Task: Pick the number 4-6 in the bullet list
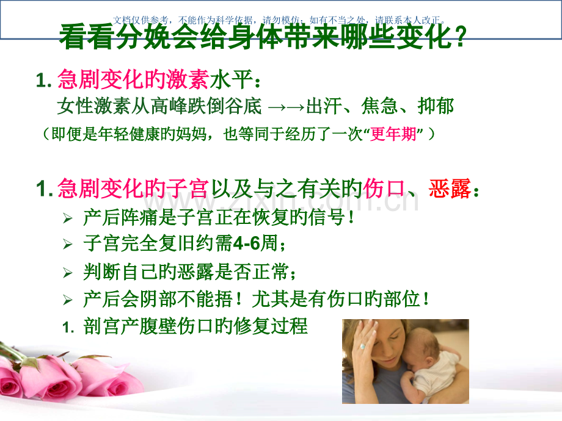(247, 245)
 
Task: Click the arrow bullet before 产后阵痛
(68, 218)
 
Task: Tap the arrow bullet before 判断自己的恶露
(68, 273)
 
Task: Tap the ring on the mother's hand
(362, 346)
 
